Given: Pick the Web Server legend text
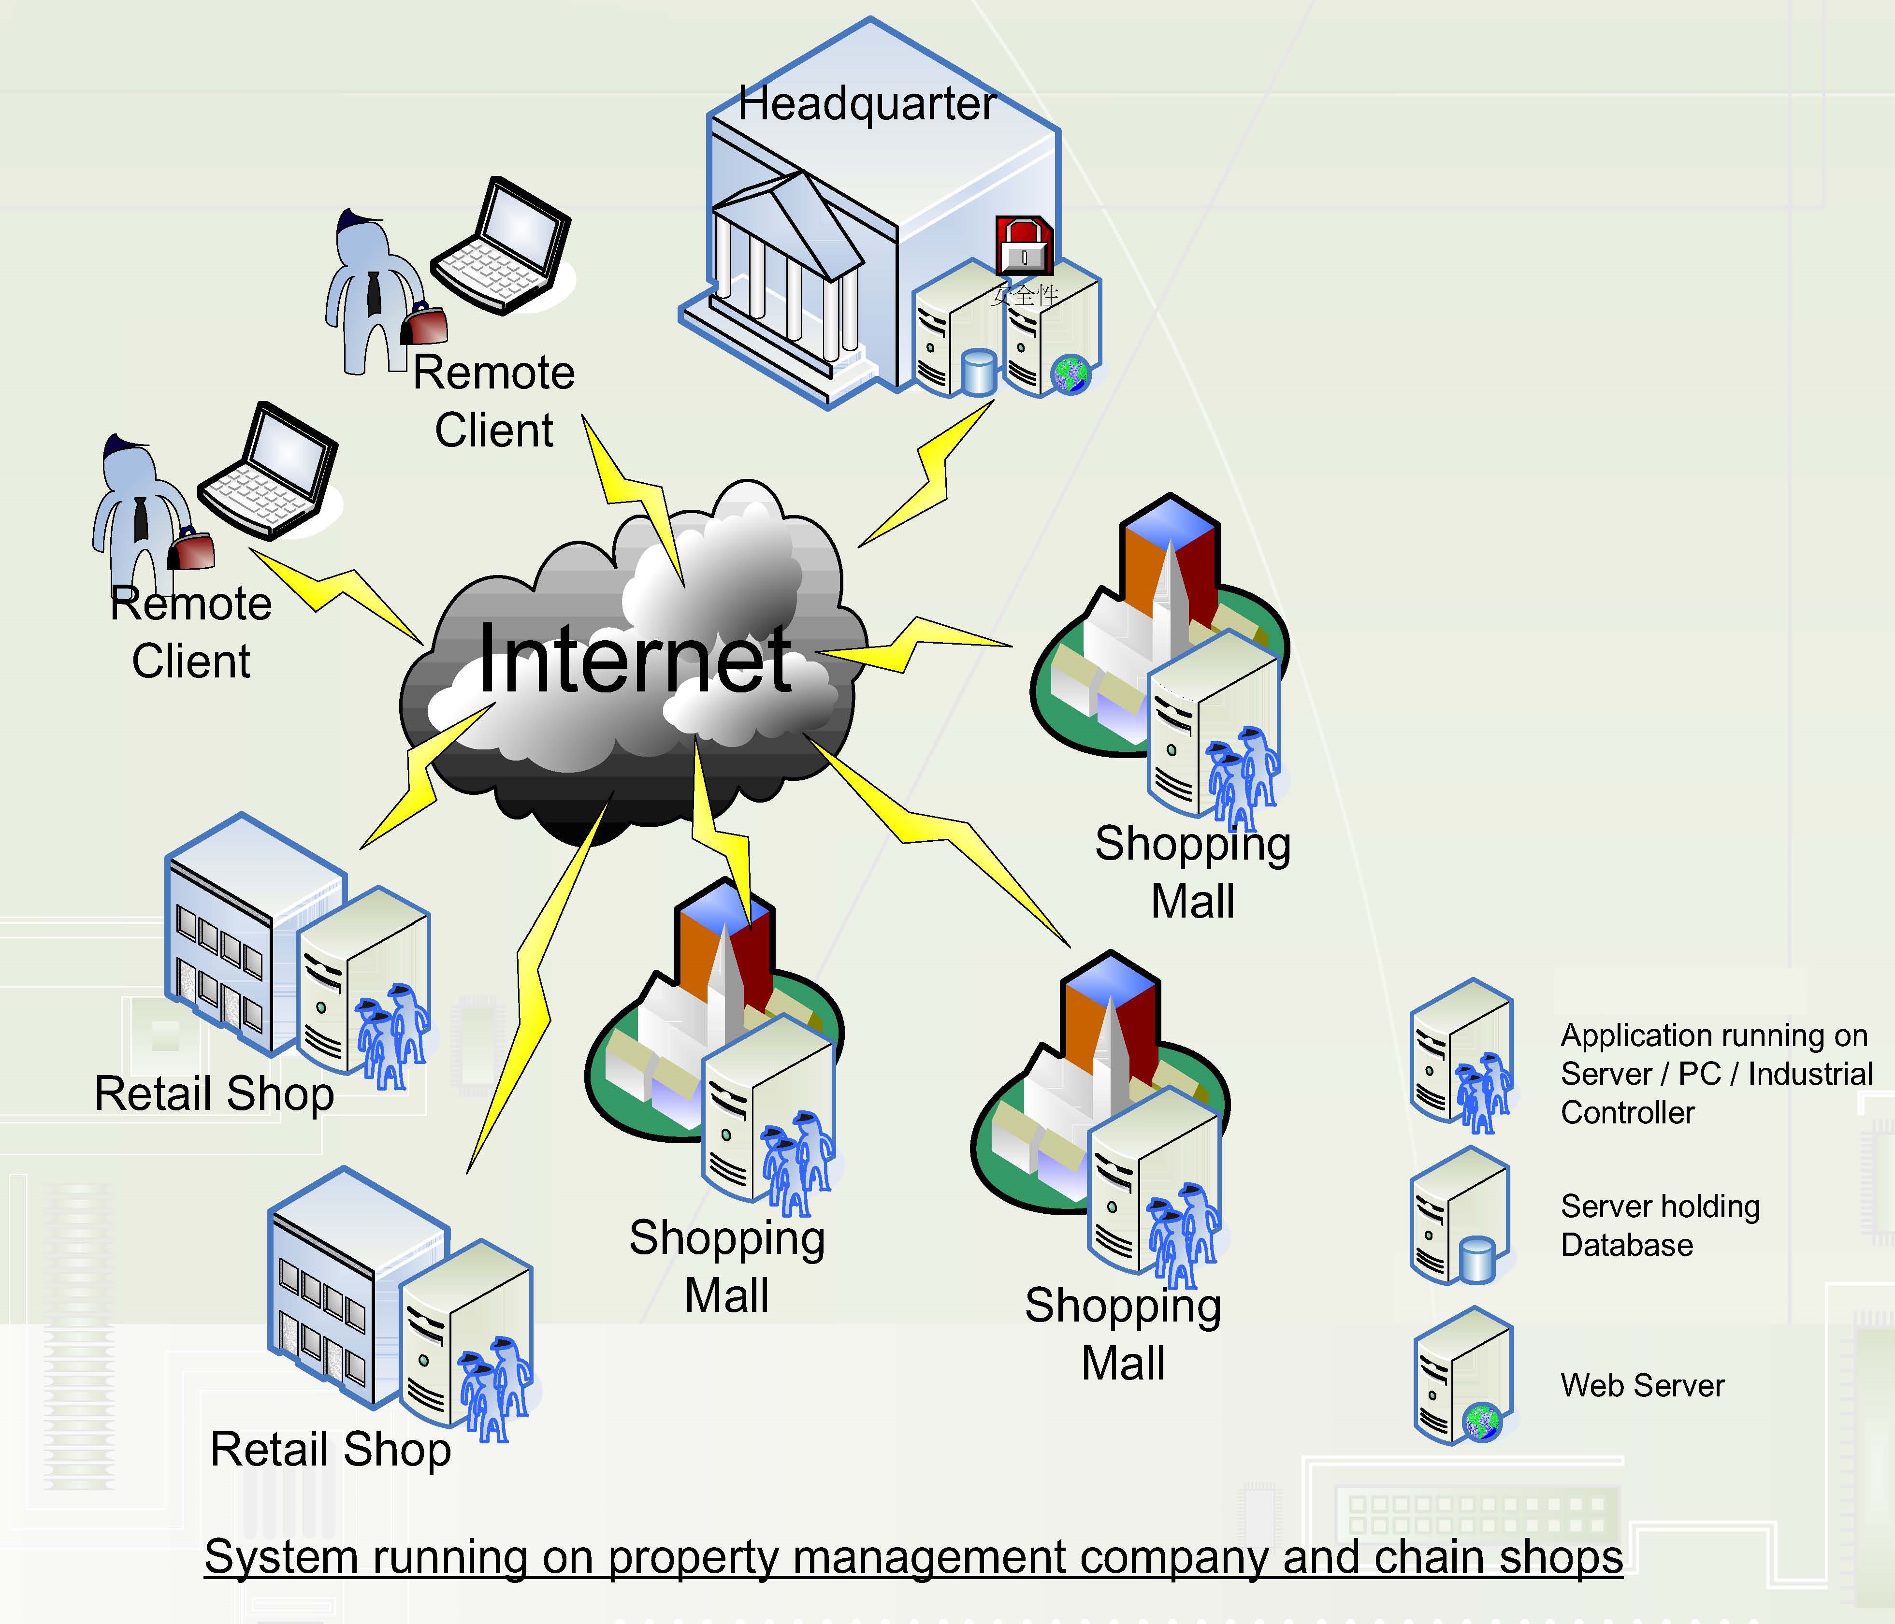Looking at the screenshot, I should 1642,1385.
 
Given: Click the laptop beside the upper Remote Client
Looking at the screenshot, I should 501,247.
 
